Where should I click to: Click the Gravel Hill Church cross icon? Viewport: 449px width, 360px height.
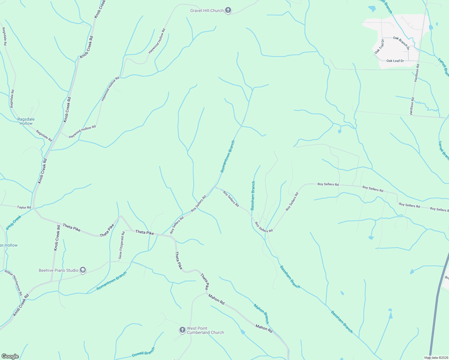coord(228,10)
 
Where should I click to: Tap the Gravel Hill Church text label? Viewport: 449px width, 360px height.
coord(207,10)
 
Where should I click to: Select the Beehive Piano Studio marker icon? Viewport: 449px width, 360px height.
coord(83,270)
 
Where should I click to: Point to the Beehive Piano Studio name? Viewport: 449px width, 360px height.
coord(58,270)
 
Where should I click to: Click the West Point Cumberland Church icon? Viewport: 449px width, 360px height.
coord(182,330)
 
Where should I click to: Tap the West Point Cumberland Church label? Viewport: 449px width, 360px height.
coord(205,330)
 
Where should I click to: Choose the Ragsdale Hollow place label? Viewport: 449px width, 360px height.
coord(26,121)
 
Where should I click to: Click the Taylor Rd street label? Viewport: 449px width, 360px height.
coord(24,207)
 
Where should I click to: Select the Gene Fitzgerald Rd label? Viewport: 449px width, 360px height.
coord(121,245)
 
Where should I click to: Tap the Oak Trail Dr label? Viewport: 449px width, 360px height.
coord(379,47)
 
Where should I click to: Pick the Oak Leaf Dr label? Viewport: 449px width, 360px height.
coord(395,61)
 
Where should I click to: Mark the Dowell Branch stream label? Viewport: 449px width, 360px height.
coord(143,352)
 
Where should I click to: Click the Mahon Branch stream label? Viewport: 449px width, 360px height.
coord(261,314)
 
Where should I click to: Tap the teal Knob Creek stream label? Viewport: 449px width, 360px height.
coord(14,222)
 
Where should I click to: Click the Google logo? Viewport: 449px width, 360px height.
coord(10,356)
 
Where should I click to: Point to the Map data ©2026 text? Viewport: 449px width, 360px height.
coord(436,358)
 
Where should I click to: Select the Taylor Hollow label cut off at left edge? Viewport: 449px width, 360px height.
coord(9,245)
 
